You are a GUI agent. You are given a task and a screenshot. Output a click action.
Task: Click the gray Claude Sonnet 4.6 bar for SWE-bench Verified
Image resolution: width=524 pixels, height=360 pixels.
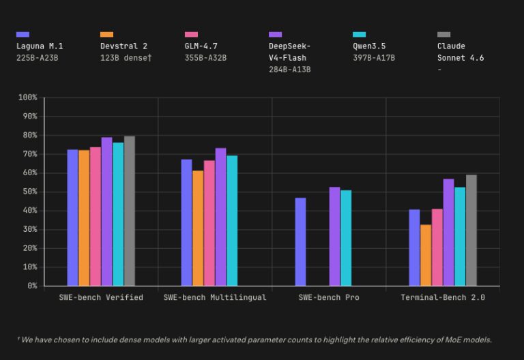pos(130,211)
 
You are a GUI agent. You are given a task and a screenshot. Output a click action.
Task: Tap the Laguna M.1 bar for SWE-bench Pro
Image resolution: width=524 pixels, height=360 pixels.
pos(300,241)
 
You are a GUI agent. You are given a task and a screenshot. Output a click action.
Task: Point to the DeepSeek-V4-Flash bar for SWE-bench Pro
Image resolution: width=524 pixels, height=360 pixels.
pos(334,236)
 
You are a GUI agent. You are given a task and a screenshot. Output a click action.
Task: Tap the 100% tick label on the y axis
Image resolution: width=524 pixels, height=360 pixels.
pos(27,97)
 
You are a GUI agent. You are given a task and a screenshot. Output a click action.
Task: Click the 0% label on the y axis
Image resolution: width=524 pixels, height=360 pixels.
pos(31,286)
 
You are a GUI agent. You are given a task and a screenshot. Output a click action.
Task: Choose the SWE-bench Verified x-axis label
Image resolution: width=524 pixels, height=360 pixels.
pos(101,297)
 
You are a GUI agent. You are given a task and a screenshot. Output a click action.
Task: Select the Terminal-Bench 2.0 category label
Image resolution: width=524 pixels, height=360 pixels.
pos(443,297)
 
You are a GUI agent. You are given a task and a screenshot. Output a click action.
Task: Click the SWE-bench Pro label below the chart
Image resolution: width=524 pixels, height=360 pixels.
pos(329,297)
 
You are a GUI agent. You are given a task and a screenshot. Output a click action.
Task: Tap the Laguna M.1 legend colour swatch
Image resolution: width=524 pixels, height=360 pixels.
pos(23,34)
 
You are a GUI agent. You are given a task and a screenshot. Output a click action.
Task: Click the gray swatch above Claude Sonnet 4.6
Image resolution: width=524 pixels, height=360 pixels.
pos(443,34)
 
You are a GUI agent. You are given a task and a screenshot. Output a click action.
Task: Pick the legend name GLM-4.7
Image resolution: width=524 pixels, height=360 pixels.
pos(201,46)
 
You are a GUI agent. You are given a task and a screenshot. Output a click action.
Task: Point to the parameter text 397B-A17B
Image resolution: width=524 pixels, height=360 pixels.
pos(374,58)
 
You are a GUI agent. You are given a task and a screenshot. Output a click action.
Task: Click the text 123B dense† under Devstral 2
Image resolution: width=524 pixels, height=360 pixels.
pos(126,58)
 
